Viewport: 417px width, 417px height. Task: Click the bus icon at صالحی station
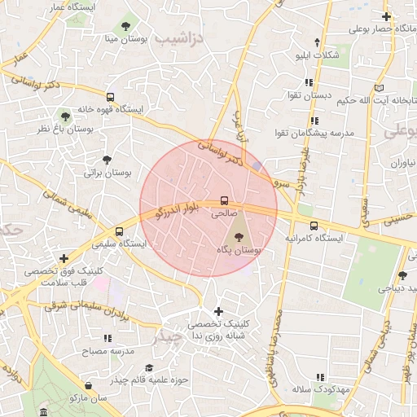[224, 201]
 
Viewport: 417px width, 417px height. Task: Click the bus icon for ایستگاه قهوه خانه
[110, 95]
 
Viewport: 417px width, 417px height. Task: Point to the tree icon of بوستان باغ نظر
[65, 116]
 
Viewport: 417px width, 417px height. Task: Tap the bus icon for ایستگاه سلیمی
[120, 231]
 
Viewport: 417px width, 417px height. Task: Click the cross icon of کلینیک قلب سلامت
[64, 258]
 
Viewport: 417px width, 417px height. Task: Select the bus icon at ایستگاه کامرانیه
[314, 226]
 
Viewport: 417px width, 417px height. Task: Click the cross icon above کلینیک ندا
[217, 311]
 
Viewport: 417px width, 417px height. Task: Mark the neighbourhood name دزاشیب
[176, 38]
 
